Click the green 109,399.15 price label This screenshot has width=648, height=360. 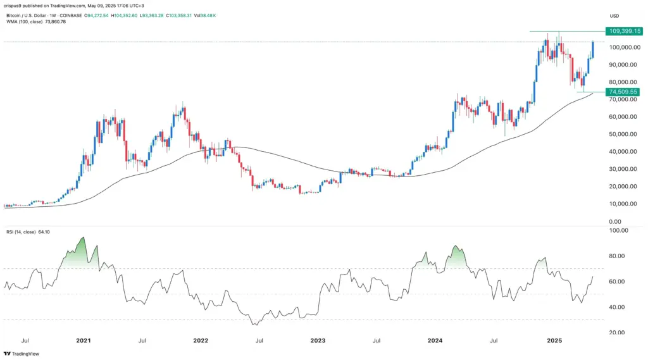point(624,30)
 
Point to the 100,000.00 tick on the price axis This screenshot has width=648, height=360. point(623,47)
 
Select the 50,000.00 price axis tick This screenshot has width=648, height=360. point(623,134)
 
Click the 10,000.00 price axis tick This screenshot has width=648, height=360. point(623,204)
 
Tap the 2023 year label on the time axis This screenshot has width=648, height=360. point(318,340)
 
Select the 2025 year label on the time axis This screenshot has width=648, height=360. point(554,340)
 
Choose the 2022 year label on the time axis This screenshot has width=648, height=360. point(201,340)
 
